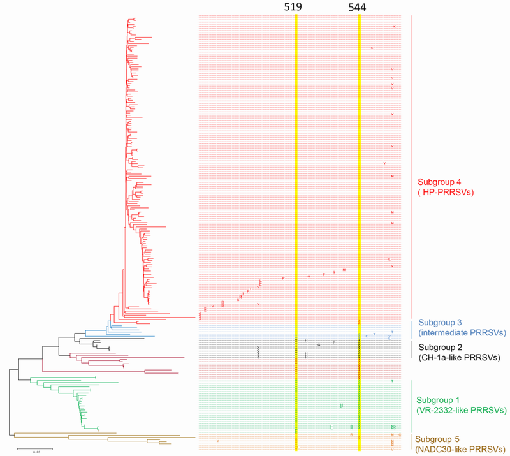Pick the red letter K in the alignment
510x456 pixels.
[395, 26]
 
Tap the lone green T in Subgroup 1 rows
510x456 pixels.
[393, 381]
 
